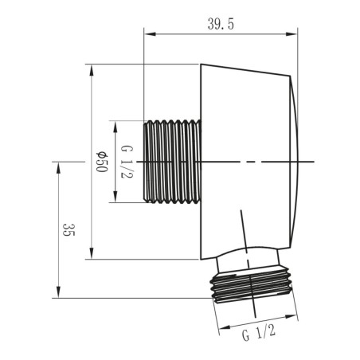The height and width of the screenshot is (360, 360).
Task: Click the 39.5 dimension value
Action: click(x=221, y=25)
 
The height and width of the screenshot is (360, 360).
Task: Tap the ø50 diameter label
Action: click(x=102, y=162)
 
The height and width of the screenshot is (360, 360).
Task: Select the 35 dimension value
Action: click(x=69, y=230)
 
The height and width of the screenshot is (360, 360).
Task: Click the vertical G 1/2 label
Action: click(x=127, y=162)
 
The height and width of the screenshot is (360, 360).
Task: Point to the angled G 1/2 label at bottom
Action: click(x=259, y=333)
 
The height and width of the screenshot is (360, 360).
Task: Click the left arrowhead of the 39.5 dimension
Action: click(x=149, y=34)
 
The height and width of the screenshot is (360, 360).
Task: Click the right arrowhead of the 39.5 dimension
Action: click(x=292, y=34)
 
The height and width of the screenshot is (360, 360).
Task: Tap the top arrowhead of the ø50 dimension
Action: click(x=92, y=70)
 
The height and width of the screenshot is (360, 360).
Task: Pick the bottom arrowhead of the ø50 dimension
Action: click(x=92, y=253)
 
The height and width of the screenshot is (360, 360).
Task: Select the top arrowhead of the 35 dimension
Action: click(x=58, y=167)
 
